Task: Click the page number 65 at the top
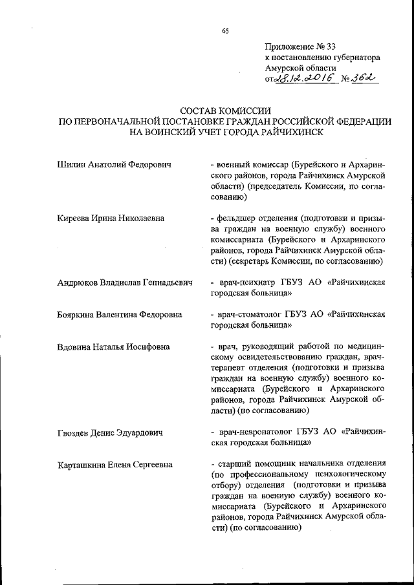(225, 30)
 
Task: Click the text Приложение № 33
(296, 47)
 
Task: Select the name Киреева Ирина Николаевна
(111, 218)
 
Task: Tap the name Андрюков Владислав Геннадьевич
(125, 282)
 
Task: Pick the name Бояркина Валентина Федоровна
(119, 315)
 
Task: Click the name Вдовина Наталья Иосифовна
(113, 346)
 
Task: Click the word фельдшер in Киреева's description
(238, 218)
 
